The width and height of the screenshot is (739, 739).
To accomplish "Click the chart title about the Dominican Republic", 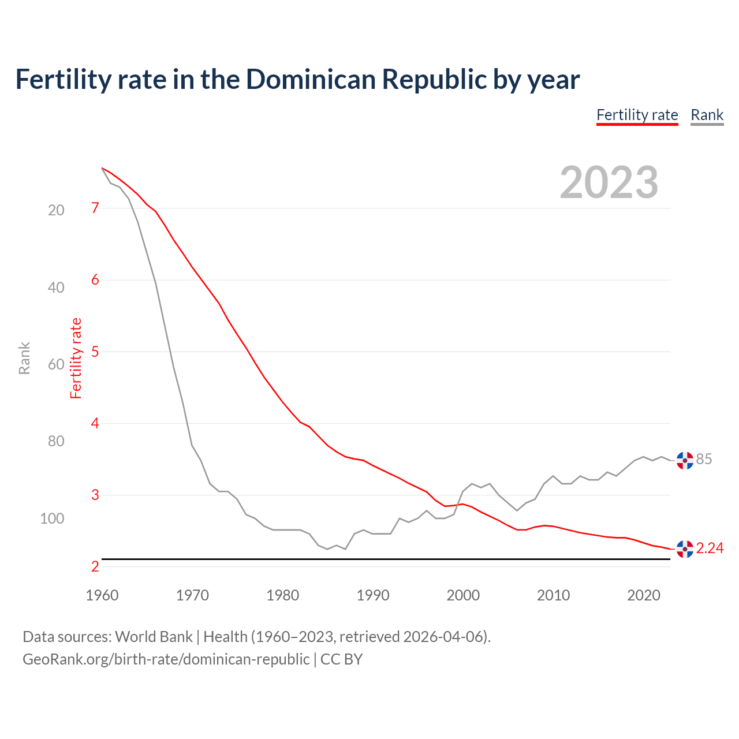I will pyautogui.click(x=297, y=80).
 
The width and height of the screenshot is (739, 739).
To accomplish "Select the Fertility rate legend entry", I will pyautogui.click(x=637, y=115).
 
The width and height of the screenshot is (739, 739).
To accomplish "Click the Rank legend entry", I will pyautogui.click(x=707, y=115).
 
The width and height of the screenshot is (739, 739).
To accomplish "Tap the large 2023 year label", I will pyautogui.click(x=609, y=182).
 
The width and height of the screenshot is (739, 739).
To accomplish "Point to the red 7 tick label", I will pyautogui.click(x=95, y=208).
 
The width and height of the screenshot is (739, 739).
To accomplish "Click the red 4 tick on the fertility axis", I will pyautogui.click(x=95, y=423).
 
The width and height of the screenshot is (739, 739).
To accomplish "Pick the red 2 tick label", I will pyautogui.click(x=95, y=567).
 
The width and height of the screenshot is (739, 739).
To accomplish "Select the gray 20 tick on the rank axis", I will pyautogui.click(x=56, y=210).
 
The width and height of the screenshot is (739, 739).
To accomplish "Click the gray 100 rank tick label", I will pyautogui.click(x=52, y=518).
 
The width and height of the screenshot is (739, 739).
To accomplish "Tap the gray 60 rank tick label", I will pyautogui.click(x=56, y=364).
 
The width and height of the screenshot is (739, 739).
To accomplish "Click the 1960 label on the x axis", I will pyautogui.click(x=102, y=595).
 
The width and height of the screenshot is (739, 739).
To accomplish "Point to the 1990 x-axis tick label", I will pyautogui.click(x=373, y=595).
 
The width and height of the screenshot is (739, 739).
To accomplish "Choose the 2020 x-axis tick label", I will pyautogui.click(x=644, y=595).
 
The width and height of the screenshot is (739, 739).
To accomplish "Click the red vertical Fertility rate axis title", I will pyautogui.click(x=76, y=359).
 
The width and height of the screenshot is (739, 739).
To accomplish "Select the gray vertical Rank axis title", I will pyautogui.click(x=24, y=359).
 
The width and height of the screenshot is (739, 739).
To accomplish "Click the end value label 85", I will pyautogui.click(x=704, y=459).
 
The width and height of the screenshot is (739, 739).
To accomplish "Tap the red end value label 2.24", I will pyautogui.click(x=710, y=548).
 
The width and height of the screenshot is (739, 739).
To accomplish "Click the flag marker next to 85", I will pyautogui.click(x=685, y=460).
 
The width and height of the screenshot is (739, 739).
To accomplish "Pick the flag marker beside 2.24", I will pyautogui.click(x=685, y=549).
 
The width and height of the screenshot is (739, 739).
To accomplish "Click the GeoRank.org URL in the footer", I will pyautogui.click(x=166, y=659).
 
